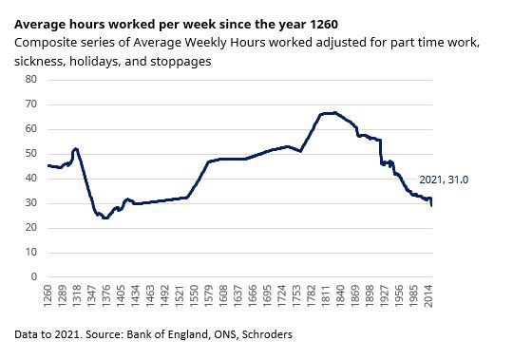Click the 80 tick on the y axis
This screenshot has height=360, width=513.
(x=30, y=80)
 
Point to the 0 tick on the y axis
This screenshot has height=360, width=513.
(x=33, y=277)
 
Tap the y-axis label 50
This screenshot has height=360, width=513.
(x=30, y=154)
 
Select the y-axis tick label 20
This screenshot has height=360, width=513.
(x=30, y=228)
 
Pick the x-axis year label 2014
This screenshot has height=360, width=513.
(x=430, y=297)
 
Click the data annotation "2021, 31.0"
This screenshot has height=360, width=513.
(x=443, y=179)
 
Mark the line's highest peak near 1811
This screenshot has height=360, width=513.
(x=328, y=113)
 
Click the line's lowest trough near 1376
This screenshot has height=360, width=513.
(x=104, y=218)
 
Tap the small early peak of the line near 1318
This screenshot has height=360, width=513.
(x=75, y=148)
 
